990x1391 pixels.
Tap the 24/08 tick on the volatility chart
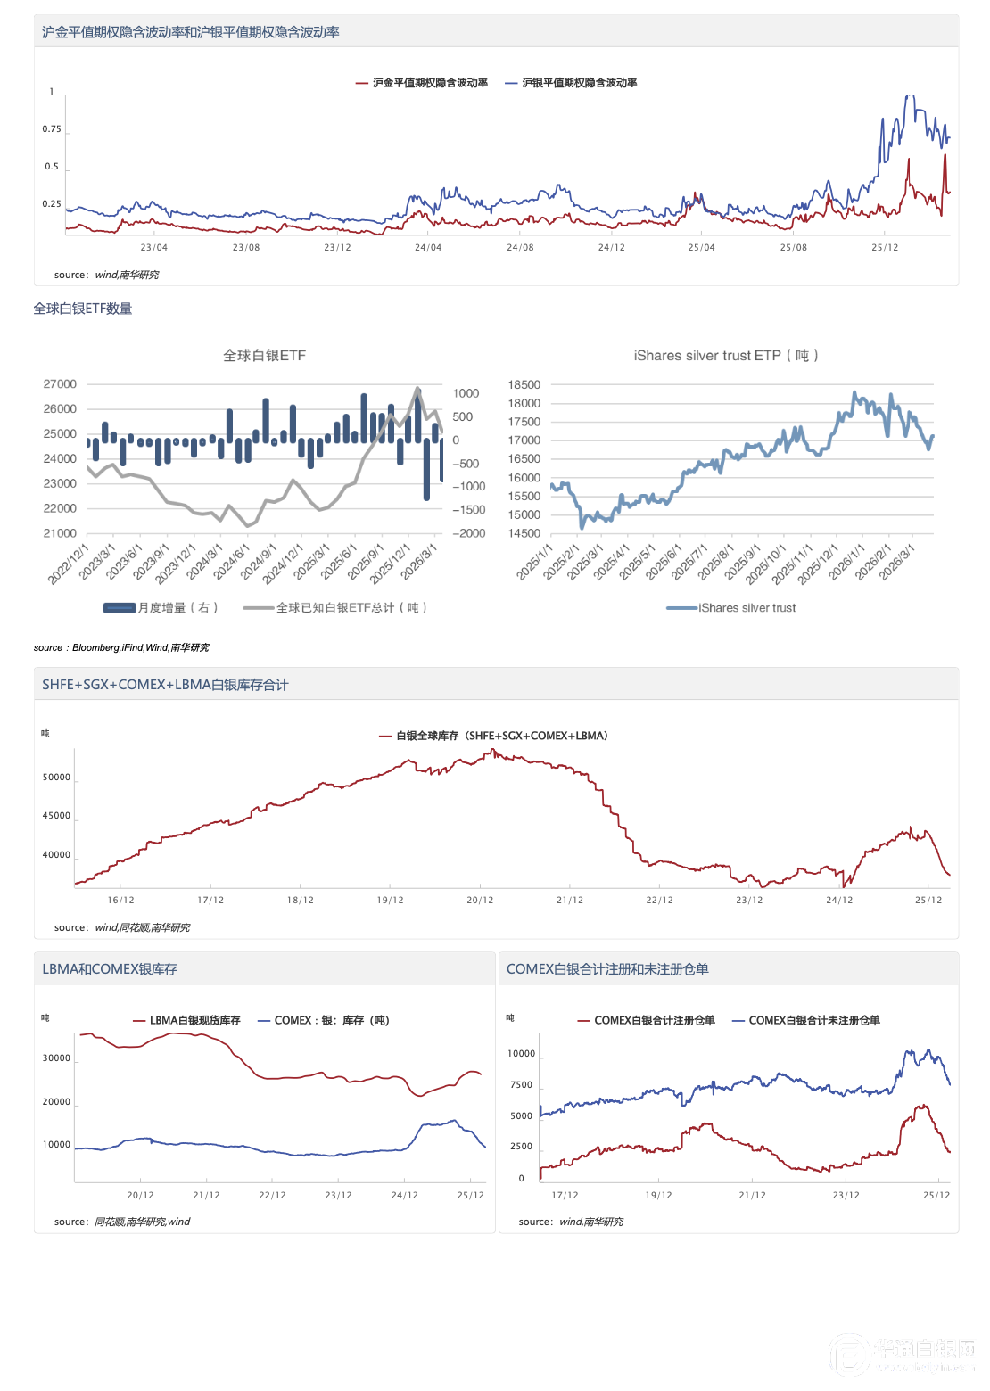pyautogui.click(x=520, y=248)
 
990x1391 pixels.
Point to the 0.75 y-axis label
pyautogui.click(x=52, y=129)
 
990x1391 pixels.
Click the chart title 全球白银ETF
pyautogui.click(x=264, y=356)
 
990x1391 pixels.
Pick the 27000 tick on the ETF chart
pyautogui.click(x=60, y=384)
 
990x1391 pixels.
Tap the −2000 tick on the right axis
pyautogui.click(x=469, y=533)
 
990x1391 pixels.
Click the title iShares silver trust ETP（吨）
pyautogui.click(x=725, y=356)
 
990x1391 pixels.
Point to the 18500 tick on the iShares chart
pyautogui.click(x=524, y=385)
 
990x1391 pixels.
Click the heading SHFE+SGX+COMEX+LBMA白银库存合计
pyautogui.click(x=165, y=685)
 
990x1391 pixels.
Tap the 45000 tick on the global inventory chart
pyautogui.click(x=56, y=816)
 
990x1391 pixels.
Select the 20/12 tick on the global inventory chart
pyautogui.click(x=480, y=901)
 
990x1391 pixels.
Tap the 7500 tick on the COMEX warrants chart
pyautogui.click(x=521, y=1085)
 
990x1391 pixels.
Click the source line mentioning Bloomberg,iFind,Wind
pyautogui.click(x=121, y=648)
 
